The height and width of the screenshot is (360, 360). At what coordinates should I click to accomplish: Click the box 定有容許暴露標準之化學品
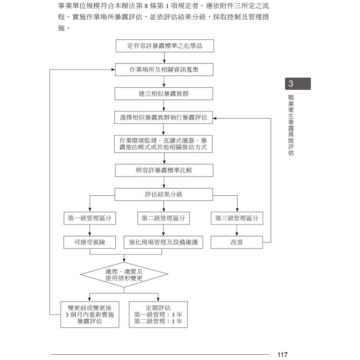(165, 46)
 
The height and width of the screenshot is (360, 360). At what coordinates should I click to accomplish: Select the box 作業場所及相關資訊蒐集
(164, 70)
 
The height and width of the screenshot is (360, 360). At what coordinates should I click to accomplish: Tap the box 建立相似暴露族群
(164, 94)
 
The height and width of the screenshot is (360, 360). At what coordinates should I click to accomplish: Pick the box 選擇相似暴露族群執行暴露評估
(164, 118)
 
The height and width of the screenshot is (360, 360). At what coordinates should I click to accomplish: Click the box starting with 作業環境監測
(163, 144)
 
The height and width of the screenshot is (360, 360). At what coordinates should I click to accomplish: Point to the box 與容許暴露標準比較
(164, 170)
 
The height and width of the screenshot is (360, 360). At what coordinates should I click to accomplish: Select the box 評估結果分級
(164, 194)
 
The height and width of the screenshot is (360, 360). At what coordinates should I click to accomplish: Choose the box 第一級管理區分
(90, 218)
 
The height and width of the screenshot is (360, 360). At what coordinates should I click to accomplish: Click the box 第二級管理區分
(163, 218)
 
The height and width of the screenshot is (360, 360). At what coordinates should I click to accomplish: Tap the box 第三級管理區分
(237, 218)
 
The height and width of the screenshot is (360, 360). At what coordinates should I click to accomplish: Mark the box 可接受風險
(90, 242)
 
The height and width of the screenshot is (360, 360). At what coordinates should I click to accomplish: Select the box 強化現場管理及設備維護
(163, 242)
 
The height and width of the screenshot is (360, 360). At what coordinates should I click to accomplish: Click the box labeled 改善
(237, 242)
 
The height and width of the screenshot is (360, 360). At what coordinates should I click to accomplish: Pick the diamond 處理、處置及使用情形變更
(124, 275)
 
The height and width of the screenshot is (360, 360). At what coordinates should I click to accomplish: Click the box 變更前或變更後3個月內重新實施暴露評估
(90, 314)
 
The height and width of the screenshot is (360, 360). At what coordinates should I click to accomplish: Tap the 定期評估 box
(158, 314)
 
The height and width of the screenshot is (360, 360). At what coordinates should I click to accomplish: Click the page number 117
(282, 355)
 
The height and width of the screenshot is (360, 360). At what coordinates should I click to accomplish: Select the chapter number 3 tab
(298, 84)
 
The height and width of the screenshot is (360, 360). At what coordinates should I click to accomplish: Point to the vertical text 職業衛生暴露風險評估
(291, 125)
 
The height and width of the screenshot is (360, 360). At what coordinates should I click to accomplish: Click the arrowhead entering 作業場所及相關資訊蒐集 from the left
(113, 70)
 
